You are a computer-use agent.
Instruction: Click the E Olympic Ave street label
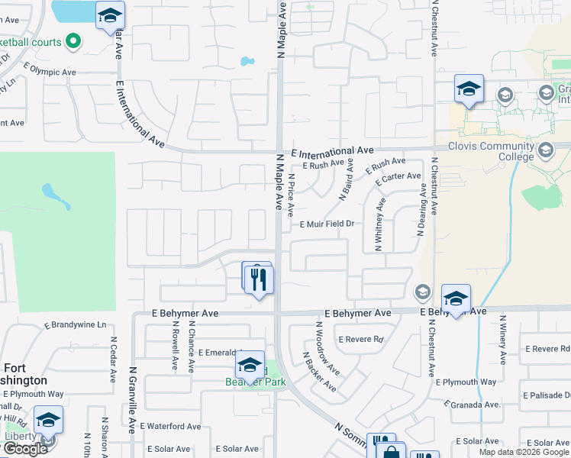(50, 72)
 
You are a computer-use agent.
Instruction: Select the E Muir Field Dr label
(327, 224)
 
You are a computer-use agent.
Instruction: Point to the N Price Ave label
(291, 194)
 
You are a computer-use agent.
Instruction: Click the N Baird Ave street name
(345, 180)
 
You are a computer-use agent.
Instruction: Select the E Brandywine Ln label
(76, 324)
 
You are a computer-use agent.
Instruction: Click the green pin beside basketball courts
(73, 41)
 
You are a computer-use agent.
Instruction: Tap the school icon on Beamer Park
(250, 364)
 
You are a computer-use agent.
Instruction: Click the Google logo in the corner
(24, 449)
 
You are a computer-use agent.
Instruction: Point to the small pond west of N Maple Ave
(247, 61)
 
